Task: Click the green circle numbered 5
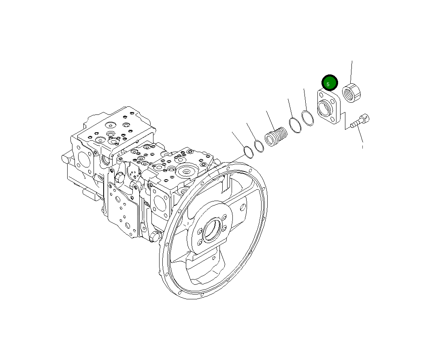[x=329, y=83]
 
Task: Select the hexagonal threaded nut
[x=351, y=93]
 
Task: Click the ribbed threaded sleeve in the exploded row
[x=276, y=136]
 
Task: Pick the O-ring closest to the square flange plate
[x=308, y=118]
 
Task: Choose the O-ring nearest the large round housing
[x=249, y=152]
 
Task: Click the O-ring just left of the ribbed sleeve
[x=259, y=146]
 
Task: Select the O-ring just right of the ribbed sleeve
[x=295, y=125]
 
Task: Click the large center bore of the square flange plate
[x=325, y=108]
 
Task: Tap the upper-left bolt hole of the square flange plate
[x=321, y=95]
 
